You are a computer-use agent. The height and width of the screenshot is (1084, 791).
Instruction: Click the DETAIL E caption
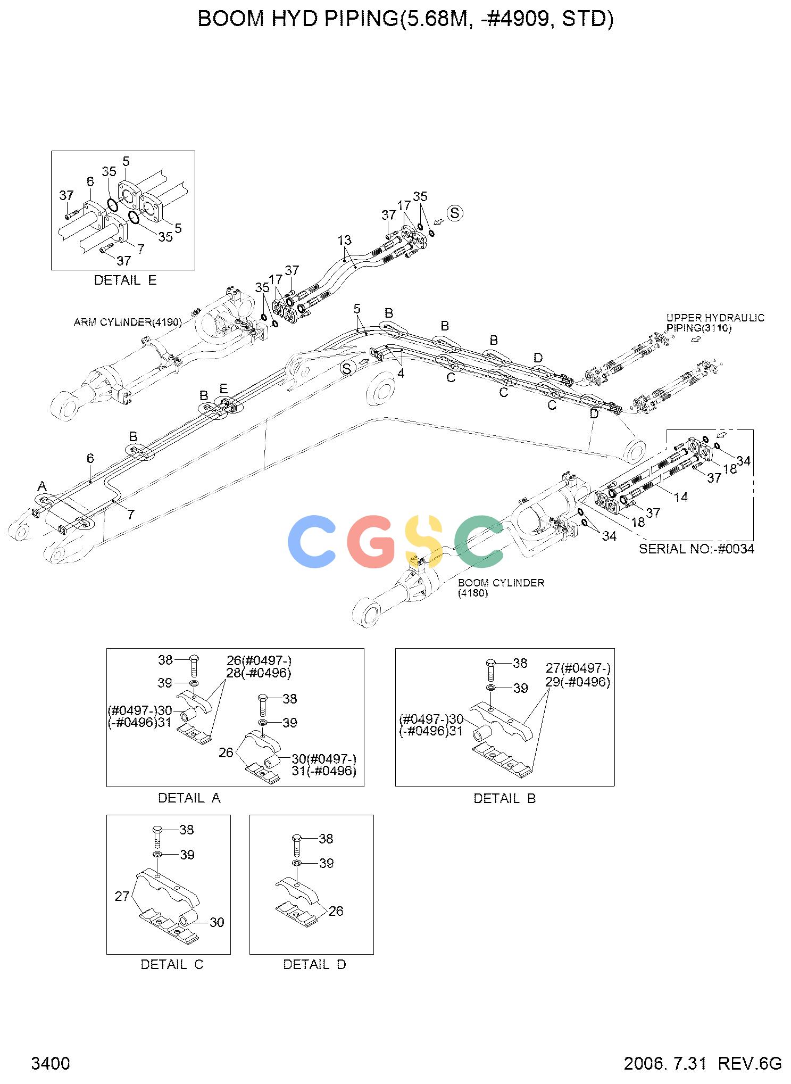tap(125, 280)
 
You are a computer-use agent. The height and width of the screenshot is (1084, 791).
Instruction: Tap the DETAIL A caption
tap(189, 798)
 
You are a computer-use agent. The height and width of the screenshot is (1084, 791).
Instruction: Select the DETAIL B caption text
tap(504, 798)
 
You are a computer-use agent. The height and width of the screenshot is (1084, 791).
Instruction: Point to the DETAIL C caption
tap(172, 964)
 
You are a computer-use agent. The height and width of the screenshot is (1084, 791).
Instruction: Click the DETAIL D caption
tap(314, 964)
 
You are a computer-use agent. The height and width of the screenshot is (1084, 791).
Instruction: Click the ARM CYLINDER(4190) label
tap(128, 322)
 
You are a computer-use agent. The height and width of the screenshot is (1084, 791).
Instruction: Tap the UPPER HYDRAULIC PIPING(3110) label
tap(715, 323)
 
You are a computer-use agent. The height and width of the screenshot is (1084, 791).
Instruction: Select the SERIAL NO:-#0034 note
tap(696, 549)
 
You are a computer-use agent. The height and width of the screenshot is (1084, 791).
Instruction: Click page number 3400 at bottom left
tap(51, 1063)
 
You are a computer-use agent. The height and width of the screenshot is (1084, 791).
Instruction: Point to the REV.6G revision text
tap(750, 1063)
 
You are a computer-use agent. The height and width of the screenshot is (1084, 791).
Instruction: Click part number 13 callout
tap(345, 240)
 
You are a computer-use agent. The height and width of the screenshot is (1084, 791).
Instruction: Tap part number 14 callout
tap(680, 497)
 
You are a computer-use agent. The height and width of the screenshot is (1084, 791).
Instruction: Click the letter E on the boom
tap(223, 388)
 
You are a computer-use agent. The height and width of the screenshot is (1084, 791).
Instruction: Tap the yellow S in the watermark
tap(424, 541)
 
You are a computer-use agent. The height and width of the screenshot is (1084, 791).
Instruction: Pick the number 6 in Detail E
tap(90, 181)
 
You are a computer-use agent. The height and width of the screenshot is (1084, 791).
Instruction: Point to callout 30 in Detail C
tap(217, 922)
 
